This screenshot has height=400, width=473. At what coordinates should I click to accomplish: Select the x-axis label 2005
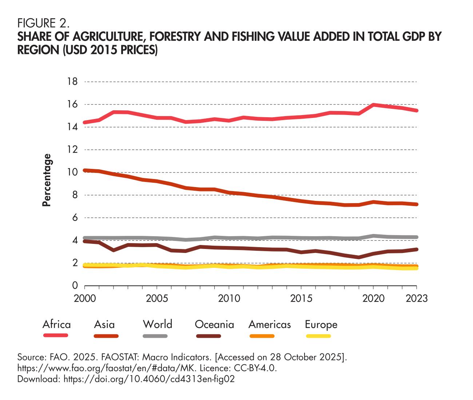(x=157, y=298)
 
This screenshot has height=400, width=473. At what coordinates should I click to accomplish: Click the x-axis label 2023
(x=416, y=298)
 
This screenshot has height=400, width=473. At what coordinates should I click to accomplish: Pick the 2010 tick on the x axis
(x=229, y=298)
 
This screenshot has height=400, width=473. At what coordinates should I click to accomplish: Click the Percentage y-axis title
(x=46, y=180)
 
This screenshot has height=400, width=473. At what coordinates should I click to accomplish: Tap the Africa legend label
(x=56, y=324)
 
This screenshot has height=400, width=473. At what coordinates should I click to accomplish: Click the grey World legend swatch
(x=155, y=336)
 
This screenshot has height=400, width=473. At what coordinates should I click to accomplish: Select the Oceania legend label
(x=214, y=324)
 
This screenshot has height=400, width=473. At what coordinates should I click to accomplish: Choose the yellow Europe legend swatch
(x=319, y=336)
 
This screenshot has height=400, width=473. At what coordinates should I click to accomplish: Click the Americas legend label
(x=270, y=324)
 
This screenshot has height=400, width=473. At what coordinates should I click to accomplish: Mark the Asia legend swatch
(x=106, y=336)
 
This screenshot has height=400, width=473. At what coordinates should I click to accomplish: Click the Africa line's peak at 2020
(x=373, y=105)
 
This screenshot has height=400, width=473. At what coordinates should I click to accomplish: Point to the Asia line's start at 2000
(x=85, y=170)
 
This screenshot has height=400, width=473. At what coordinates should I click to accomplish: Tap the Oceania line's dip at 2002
(x=114, y=250)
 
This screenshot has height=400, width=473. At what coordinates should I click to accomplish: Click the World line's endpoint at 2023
(x=416, y=237)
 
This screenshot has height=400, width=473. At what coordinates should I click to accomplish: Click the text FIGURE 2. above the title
(x=43, y=24)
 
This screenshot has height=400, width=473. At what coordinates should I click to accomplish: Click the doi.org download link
(x=149, y=379)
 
